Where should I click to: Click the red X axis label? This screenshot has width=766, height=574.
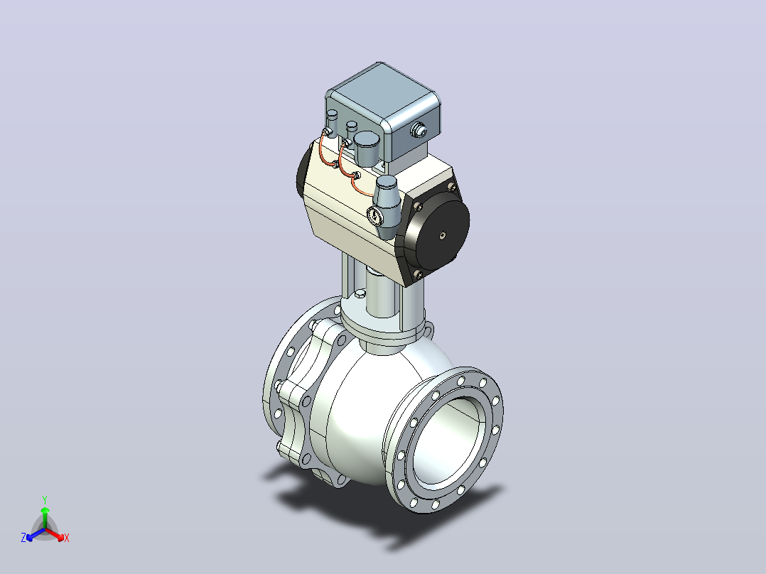67,538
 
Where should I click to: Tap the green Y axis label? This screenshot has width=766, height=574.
45,499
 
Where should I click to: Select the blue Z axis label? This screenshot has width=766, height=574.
23,537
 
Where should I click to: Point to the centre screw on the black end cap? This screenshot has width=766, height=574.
442,235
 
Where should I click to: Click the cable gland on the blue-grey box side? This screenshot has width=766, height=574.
418,131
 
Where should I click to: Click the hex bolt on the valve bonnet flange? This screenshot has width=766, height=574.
360,293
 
